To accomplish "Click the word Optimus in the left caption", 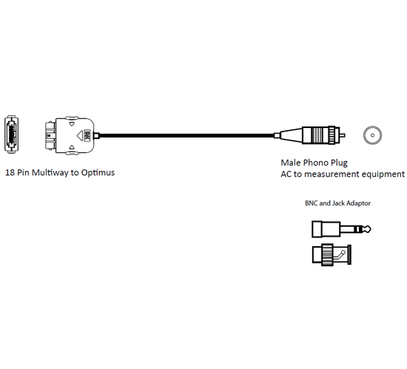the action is point(98,173).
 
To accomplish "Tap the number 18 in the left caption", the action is point(10,173).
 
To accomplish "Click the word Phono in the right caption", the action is point(312,163).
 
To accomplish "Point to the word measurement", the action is point(332,174).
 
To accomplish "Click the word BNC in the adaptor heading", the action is point(312,203).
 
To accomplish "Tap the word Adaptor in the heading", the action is point(358,203).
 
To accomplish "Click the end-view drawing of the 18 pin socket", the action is point(11,135).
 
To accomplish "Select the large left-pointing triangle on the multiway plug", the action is point(80,135).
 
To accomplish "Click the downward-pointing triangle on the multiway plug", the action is point(72,124).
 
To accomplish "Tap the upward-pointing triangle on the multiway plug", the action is point(72,147).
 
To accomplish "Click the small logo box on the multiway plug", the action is point(87,135).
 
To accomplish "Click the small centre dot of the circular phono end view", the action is point(372,135).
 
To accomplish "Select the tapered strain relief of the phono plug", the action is point(291,135).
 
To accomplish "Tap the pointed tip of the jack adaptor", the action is point(369,229).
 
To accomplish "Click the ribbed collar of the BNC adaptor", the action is point(328,254).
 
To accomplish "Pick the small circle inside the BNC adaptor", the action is point(343,252).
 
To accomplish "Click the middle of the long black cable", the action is point(187,135).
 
